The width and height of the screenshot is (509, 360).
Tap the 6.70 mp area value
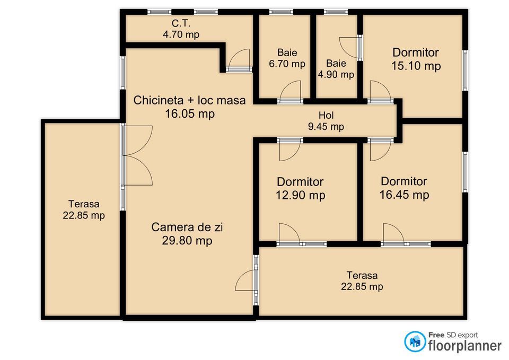tap(287, 64)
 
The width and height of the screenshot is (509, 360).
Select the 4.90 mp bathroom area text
tap(336, 75)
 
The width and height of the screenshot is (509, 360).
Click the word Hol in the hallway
tap(326, 116)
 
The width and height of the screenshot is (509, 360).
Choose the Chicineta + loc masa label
tap(189, 100)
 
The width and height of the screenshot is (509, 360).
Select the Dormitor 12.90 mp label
tap(300, 188)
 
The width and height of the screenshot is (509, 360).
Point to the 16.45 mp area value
tap(404, 195)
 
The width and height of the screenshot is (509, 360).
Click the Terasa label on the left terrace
tap(83, 204)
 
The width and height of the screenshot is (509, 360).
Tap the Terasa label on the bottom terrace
tap(362, 275)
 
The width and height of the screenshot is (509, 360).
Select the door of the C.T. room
tap(239, 59)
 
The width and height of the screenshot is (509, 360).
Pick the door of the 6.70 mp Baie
tap(290, 91)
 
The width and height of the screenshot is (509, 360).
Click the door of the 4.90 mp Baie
tap(350, 48)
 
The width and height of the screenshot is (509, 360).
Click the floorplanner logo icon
tap(415, 341)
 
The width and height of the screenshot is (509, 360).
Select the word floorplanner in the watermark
tap(464, 346)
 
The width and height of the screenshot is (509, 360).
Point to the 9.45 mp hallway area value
tap(326, 127)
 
